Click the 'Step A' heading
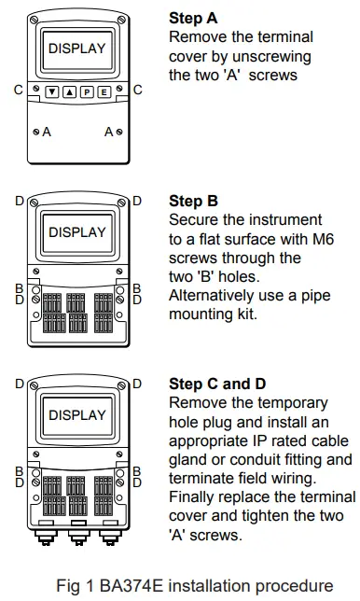(x=193, y=18)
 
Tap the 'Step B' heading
(x=193, y=201)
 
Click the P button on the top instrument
(x=86, y=91)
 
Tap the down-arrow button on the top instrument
(x=52, y=91)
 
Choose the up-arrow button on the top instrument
(x=69, y=91)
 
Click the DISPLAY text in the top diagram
(x=76, y=48)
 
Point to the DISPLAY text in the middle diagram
(x=76, y=231)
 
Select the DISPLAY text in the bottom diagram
(x=76, y=413)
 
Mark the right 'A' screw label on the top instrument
(x=108, y=133)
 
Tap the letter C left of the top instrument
(x=18, y=91)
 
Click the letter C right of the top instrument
(x=137, y=91)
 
